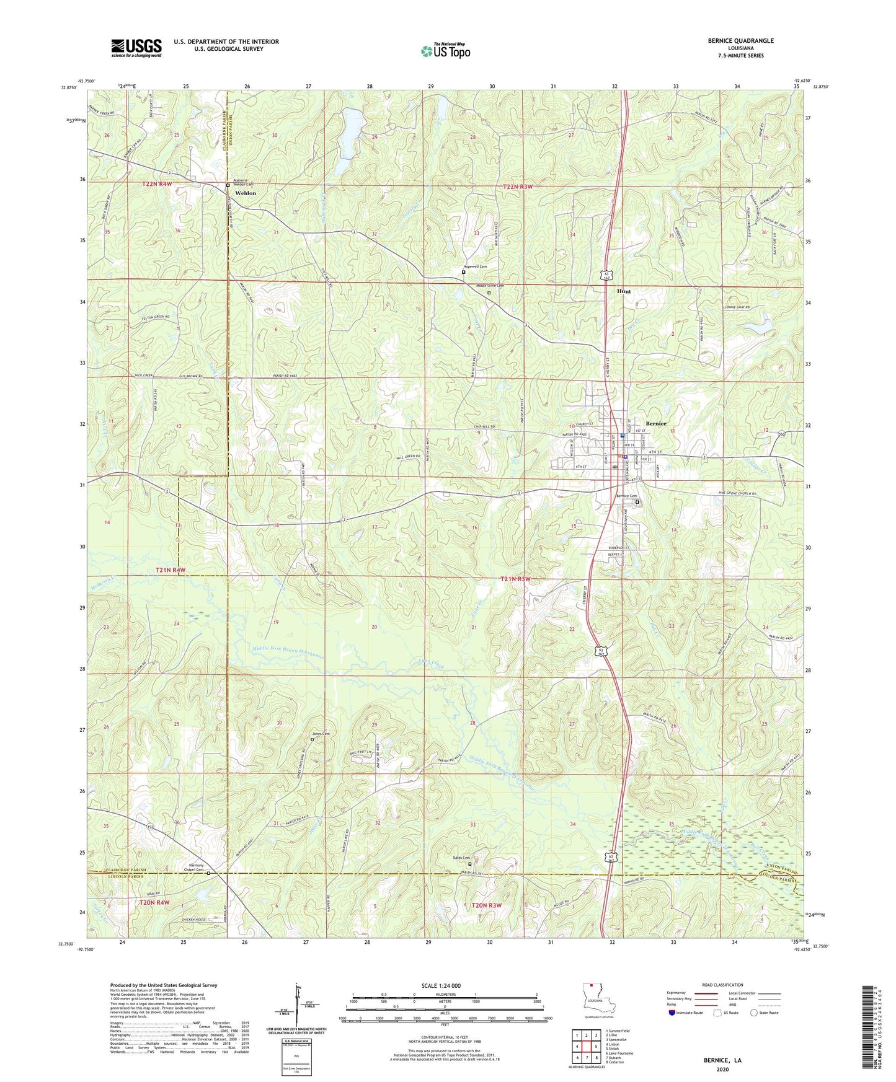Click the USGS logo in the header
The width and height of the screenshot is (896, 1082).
[x=136, y=48]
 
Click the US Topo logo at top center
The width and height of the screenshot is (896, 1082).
[x=445, y=50]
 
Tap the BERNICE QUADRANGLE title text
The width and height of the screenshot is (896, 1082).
[x=740, y=41]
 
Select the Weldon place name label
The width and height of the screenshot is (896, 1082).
[x=246, y=193]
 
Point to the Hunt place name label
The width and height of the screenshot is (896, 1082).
[x=623, y=291]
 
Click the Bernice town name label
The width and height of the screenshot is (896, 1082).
[x=656, y=423]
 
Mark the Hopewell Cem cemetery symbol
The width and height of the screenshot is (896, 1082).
[x=464, y=271]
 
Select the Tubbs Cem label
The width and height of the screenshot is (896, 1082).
[x=461, y=858]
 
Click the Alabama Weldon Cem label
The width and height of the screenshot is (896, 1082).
[x=242, y=182]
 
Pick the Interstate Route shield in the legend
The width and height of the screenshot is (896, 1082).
[x=673, y=1013]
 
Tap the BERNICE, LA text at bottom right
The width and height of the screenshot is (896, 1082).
[x=722, y=1060]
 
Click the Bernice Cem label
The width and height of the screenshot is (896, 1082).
[x=626, y=496]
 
